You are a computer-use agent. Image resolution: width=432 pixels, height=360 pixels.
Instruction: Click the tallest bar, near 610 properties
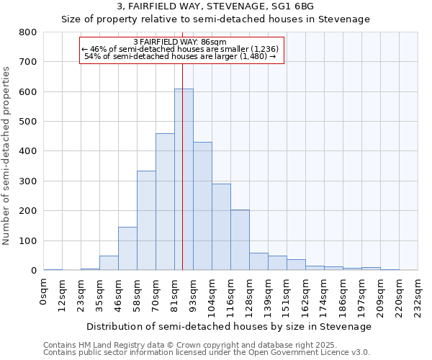click(184, 180)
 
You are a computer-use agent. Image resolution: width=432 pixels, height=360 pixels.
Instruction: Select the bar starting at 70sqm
click(165, 202)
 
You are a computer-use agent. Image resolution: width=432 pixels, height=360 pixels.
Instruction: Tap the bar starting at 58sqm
click(146, 220)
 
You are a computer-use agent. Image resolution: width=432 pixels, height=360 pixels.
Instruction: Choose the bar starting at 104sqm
click(221, 227)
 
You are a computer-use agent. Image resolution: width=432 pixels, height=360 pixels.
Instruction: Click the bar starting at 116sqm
click(240, 240)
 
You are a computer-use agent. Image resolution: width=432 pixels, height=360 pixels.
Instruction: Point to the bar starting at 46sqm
click(127, 248)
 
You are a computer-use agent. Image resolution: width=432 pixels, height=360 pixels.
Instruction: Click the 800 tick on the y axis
click(28, 32)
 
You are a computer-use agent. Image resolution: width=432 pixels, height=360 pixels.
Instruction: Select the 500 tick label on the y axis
click(28, 122)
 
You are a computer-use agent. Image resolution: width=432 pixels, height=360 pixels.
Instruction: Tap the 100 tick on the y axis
click(28, 241)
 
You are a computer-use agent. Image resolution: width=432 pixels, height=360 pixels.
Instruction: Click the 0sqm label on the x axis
click(44, 292)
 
